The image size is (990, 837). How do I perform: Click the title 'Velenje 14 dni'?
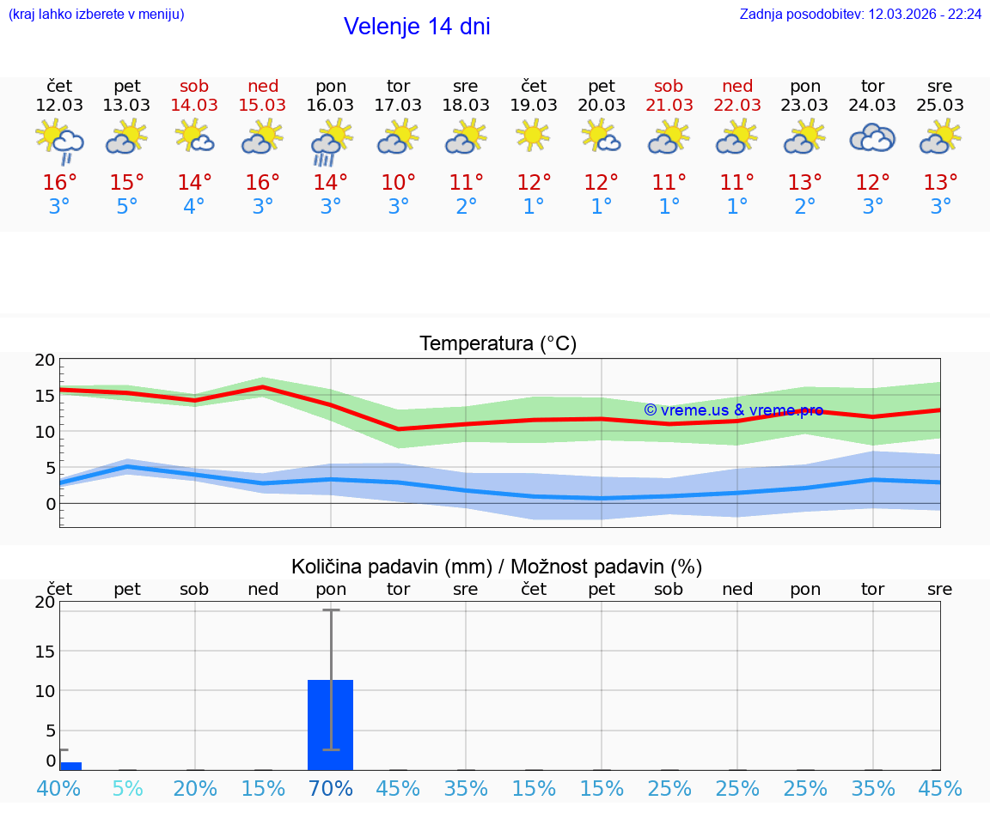(x=417, y=27)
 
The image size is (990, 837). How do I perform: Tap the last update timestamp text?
(x=860, y=15)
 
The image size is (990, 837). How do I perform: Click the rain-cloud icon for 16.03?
(x=331, y=142)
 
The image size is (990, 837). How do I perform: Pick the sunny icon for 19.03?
(x=534, y=135)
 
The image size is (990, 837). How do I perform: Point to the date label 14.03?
(x=194, y=105)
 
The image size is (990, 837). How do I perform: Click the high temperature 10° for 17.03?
(x=398, y=183)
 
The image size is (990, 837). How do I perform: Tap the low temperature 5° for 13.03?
(x=127, y=207)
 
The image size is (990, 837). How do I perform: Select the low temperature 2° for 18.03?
(x=466, y=207)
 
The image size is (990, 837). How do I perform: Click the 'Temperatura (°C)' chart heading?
(x=498, y=343)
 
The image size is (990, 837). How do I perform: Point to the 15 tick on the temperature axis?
(x=45, y=396)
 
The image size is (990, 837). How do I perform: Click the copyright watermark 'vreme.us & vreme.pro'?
(x=733, y=410)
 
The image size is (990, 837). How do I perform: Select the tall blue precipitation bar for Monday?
(x=331, y=725)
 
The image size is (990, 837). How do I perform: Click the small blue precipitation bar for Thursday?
(x=70, y=766)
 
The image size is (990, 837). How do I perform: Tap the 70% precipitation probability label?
(x=331, y=788)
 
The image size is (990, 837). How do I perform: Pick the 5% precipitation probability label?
(x=127, y=788)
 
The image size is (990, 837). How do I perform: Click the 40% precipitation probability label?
(x=59, y=788)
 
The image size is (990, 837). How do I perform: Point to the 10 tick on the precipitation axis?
(x=45, y=691)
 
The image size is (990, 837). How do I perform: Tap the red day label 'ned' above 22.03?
(x=737, y=86)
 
